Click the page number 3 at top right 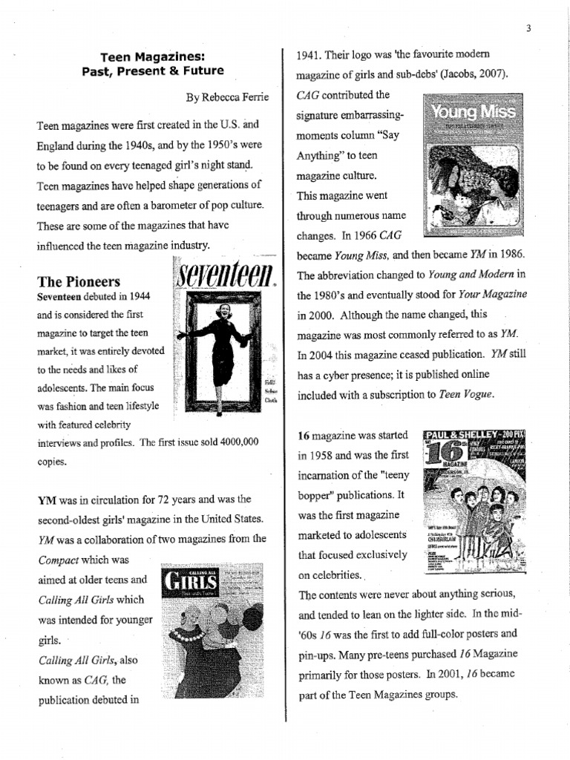(528, 29)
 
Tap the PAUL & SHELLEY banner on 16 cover (475, 436)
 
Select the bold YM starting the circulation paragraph (47, 499)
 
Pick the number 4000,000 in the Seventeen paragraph (228, 442)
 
